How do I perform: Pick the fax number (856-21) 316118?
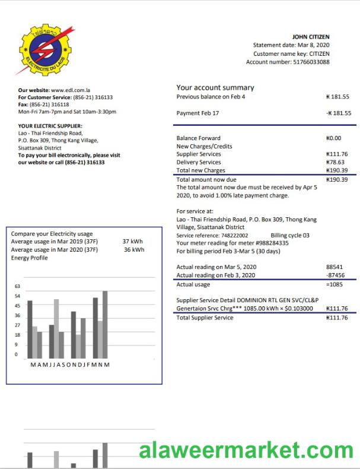point(50,104)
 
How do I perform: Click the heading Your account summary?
point(215,87)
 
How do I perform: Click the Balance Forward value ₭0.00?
point(334,138)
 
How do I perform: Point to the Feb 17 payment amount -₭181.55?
point(338,113)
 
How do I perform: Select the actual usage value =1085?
point(334,285)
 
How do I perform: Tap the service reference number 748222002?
point(234,235)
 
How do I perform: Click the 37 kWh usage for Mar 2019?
point(133,242)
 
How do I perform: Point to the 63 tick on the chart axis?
point(17,286)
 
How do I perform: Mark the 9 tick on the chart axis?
point(17,344)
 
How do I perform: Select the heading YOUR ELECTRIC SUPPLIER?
point(50,126)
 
